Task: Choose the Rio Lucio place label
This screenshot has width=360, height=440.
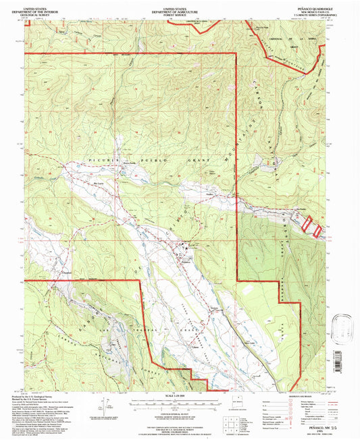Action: point(99,184)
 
